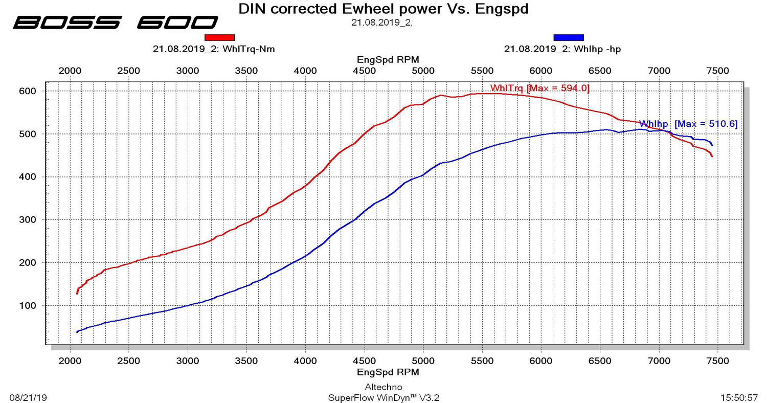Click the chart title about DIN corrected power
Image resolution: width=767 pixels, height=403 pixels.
[x=383, y=9]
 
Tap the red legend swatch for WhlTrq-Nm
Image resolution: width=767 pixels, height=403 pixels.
[x=219, y=37]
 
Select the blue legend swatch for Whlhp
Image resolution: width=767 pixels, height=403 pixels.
[x=568, y=37]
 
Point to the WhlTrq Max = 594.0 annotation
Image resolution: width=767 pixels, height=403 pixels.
[x=539, y=88]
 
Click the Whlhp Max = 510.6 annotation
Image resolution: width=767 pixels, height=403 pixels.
[x=688, y=124]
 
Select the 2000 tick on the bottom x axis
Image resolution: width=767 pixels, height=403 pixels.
[x=70, y=361]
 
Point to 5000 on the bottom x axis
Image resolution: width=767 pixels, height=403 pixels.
[x=423, y=361]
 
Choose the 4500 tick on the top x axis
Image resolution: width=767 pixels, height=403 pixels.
[x=364, y=71]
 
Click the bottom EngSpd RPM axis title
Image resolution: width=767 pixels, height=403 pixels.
[x=388, y=372]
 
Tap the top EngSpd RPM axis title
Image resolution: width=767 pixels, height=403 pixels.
[x=388, y=60]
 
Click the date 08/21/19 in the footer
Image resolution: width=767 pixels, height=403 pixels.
[x=28, y=397]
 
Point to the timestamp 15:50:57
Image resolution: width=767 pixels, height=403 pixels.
[x=739, y=397]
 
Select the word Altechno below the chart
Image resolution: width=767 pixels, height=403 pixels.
[x=383, y=387]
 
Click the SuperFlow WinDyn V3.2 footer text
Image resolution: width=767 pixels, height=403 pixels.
[x=383, y=397]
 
